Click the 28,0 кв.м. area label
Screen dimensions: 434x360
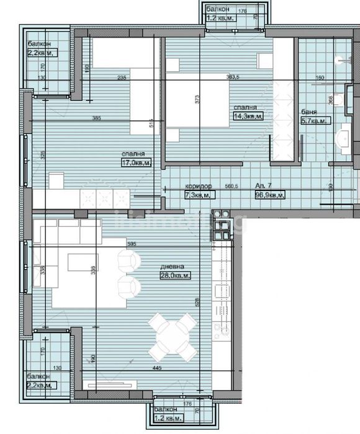click(x=175, y=275)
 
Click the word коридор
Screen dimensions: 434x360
click(x=199, y=186)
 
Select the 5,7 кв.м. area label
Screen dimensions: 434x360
click(x=315, y=121)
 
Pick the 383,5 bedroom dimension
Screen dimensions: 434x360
click(x=233, y=77)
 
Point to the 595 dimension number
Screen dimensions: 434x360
click(x=131, y=245)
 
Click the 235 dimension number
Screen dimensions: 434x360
click(x=122, y=77)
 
